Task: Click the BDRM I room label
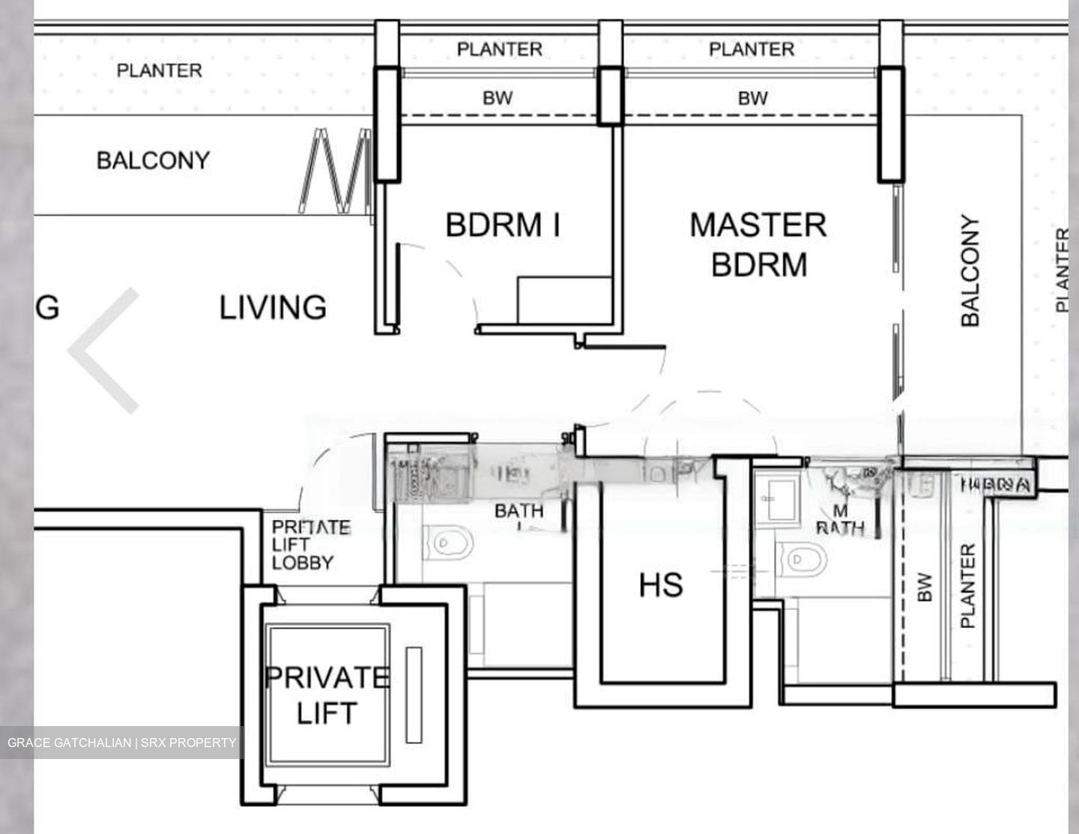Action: (503, 225)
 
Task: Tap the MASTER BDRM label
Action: (758, 244)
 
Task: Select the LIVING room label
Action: (273, 307)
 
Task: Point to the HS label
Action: (661, 584)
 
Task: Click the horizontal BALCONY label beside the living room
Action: (153, 160)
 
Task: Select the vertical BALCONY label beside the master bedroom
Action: (970, 271)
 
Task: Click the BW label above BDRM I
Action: (498, 98)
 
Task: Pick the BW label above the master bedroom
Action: (752, 98)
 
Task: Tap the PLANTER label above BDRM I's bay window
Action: (499, 49)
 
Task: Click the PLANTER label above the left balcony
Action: (159, 70)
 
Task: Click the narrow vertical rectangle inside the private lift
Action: (413, 695)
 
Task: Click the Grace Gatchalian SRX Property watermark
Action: (121, 743)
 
